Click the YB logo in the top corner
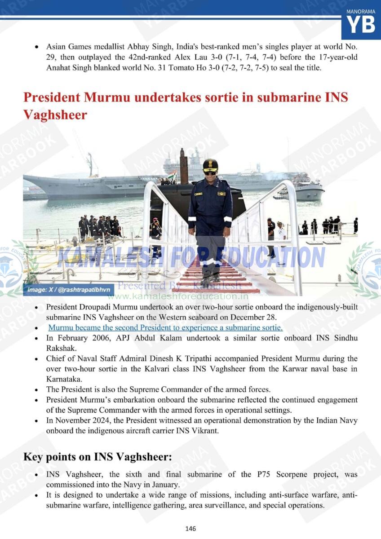(x=361, y=25)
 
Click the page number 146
(x=190, y=528)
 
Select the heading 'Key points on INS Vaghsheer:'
(x=97, y=457)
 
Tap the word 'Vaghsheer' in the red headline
(x=55, y=115)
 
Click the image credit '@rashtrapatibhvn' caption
(x=68, y=290)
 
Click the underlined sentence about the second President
(x=165, y=327)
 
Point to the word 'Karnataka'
(x=62, y=378)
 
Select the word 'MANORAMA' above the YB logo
(x=361, y=11)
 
